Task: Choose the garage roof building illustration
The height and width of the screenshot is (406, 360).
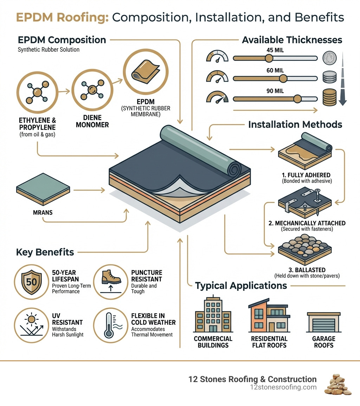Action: pos(323,322)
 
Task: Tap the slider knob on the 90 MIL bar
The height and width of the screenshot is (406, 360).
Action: pos(298,98)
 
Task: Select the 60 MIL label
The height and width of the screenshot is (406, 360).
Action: pos(275,71)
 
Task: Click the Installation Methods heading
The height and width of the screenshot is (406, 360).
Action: pos(295,124)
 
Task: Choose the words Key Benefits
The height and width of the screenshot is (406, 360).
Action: pos(45,252)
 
